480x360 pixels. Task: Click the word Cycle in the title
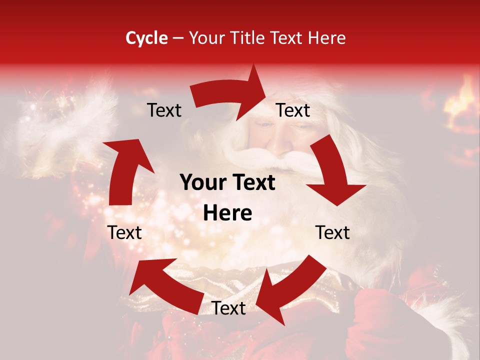click(146, 38)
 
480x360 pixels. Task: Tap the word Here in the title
click(327, 38)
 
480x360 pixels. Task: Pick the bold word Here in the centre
click(227, 213)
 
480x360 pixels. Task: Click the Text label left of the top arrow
click(164, 110)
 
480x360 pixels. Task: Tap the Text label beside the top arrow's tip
click(293, 110)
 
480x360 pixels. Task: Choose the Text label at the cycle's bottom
click(229, 308)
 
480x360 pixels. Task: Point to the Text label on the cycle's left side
click(124, 232)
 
